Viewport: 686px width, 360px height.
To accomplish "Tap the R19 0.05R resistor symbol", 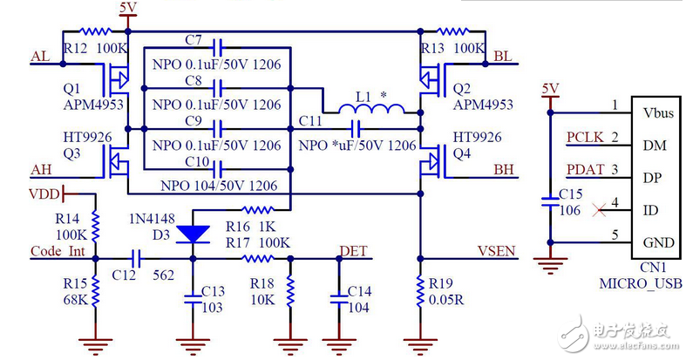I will click(x=421, y=291).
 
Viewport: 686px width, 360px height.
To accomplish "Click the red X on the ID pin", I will click(x=596, y=209).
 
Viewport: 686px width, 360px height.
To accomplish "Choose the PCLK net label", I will click(x=582, y=137).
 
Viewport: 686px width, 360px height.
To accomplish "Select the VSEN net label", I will click(x=495, y=251).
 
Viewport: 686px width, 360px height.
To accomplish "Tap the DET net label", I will click(x=353, y=251).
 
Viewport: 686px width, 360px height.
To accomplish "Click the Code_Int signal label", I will click(x=58, y=251).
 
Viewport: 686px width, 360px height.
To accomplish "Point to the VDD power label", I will click(x=44, y=193).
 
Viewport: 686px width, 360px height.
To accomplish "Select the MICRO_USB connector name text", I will click(x=641, y=283).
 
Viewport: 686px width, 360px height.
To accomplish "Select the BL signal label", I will click(x=502, y=57).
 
